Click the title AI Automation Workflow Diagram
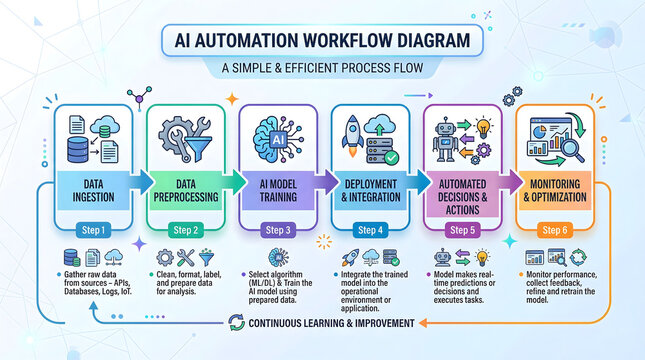[x=322, y=41]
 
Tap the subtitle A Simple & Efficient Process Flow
[x=322, y=69]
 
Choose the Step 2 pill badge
[x=186, y=230]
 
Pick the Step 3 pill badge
[x=277, y=230]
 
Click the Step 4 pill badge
[x=369, y=230]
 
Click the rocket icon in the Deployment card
[x=354, y=131]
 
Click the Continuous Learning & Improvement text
[x=333, y=323]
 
